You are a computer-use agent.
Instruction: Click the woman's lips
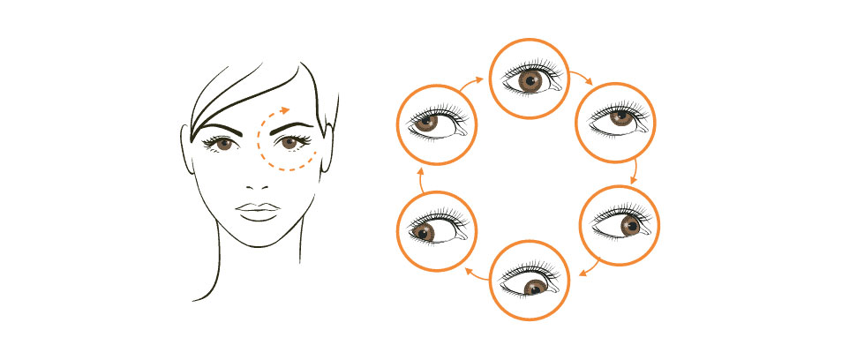(256, 213)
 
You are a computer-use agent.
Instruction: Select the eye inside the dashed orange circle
(289, 142)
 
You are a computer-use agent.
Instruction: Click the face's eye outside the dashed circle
(224, 143)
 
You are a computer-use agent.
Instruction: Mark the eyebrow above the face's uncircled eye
(221, 127)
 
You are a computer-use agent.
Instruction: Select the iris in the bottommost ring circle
(534, 288)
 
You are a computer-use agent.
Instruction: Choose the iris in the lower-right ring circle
(630, 227)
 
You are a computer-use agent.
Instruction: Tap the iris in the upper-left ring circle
(428, 123)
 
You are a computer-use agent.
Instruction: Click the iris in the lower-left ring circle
(424, 232)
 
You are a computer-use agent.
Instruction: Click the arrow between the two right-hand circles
(634, 172)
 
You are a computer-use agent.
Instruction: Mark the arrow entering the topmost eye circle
(472, 82)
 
